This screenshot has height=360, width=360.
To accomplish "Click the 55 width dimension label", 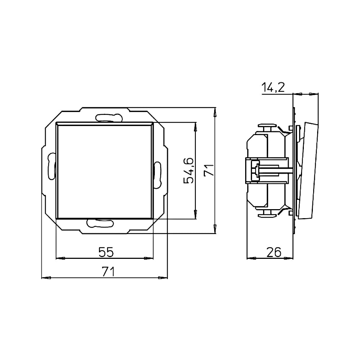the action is click(106, 252).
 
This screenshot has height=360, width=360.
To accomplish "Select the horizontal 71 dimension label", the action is click(108, 272).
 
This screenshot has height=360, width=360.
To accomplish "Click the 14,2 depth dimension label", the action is click(273, 87).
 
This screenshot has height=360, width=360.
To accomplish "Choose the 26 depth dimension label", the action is click(274, 252).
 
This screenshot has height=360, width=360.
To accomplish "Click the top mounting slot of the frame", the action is click(108, 117).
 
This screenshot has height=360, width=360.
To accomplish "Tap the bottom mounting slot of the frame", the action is click(100, 223).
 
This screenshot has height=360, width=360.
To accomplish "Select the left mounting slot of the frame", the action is click(51, 166).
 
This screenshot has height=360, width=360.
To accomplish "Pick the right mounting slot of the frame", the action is click(158, 175).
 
